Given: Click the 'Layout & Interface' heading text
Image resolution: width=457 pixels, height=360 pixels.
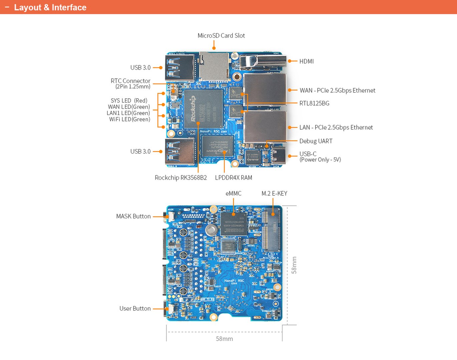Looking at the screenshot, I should pyautogui.click(x=50, y=7).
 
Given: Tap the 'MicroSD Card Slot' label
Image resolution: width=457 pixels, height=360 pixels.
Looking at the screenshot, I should pyautogui.click(x=221, y=36).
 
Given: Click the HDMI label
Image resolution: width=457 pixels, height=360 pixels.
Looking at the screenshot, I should pyautogui.click(x=306, y=61).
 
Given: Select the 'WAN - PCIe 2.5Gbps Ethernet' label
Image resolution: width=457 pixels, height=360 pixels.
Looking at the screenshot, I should pyautogui.click(x=337, y=90).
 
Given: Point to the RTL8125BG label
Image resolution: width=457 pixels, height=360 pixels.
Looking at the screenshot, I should pyautogui.click(x=314, y=103).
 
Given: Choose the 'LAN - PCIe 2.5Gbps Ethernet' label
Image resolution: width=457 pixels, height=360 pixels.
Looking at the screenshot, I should pyautogui.click(x=336, y=127).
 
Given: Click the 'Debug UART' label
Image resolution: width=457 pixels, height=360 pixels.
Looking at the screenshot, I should pyautogui.click(x=316, y=141).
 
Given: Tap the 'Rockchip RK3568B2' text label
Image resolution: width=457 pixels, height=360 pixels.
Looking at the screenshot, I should pyautogui.click(x=181, y=178).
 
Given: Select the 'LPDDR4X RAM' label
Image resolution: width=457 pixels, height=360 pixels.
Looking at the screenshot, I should pyautogui.click(x=234, y=178).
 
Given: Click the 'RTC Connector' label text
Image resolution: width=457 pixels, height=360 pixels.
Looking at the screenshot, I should pyautogui.click(x=130, y=81).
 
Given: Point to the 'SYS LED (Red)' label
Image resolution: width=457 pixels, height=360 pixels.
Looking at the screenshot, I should pyautogui.click(x=129, y=101).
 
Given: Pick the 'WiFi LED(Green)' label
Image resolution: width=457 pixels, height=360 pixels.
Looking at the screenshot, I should pyautogui.click(x=129, y=119).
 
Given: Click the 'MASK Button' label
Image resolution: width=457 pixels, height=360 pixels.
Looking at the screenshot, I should pyautogui.click(x=133, y=216).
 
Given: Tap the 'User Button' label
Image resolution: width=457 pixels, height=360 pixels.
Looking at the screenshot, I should pyautogui.click(x=135, y=309).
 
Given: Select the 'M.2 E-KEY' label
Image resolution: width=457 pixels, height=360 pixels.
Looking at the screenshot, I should pyautogui.click(x=274, y=193).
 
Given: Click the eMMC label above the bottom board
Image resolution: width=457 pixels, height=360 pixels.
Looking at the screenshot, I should pyautogui.click(x=233, y=193).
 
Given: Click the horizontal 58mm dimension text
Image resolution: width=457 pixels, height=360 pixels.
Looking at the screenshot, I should pyautogui.click(x=224, y=339).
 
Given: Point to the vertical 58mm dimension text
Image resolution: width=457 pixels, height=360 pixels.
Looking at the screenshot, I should pyautogui.click(x=294, y=265).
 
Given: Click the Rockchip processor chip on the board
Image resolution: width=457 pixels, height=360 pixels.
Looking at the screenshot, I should pyautogui.click(x=203, y=109).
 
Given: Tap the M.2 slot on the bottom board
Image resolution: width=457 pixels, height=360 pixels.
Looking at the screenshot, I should pyautogui.click(x=271, y=231).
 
